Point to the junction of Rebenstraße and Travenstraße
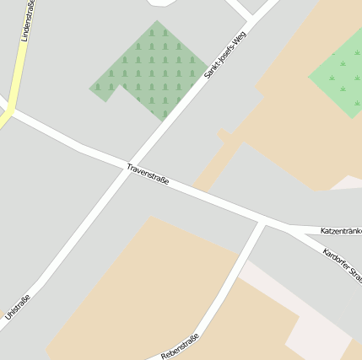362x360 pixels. [262, 222]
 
